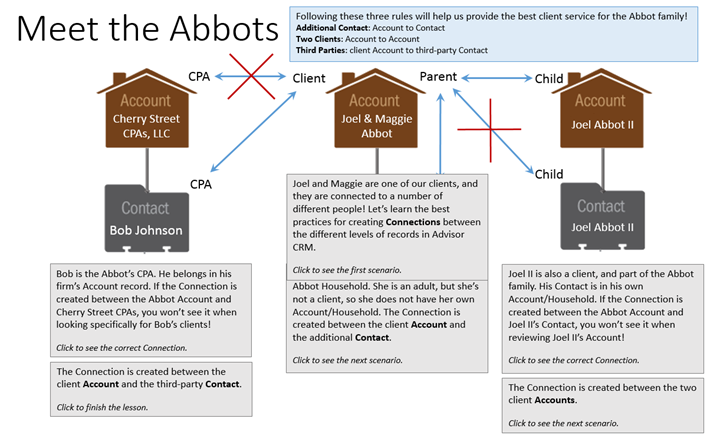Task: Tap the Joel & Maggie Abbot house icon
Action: [374, 114]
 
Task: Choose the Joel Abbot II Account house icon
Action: [600, 114]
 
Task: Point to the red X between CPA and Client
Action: [249, 76]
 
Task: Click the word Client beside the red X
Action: [311, 77]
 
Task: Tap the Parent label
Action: [441, 77]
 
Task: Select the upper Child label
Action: [548, 77]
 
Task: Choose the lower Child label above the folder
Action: [549, 174]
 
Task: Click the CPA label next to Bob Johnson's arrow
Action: [202, 183]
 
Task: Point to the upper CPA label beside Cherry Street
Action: [200, 76]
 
